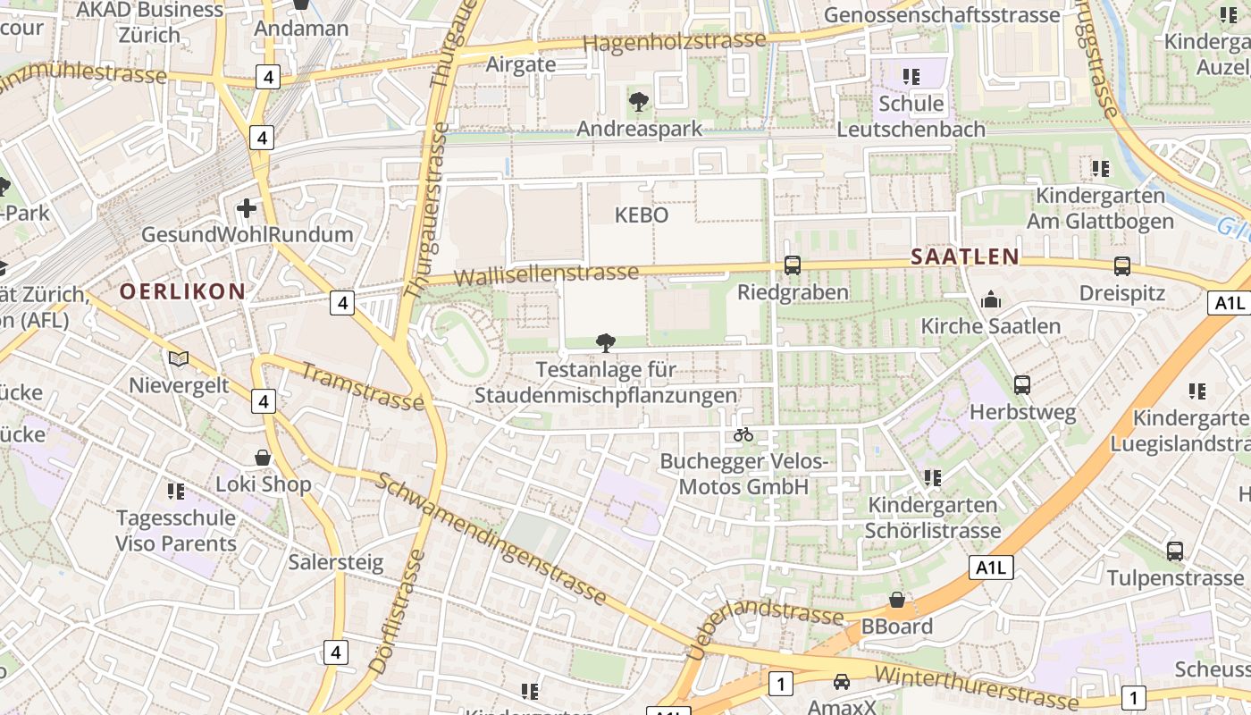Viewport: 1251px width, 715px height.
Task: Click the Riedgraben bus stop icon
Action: click(792, 265)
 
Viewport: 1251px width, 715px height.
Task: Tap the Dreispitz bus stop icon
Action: click(1121, 265)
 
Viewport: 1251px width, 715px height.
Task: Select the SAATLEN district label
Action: click(964, 257)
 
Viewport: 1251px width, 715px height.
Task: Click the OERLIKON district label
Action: click(182, 291)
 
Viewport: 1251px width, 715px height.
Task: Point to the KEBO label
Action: click(642, 215)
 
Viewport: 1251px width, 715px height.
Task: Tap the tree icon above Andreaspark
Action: click(638, 101)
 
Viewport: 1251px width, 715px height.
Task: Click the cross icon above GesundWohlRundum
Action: click(247, 209)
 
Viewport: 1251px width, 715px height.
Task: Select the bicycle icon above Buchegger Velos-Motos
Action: click(743, 435)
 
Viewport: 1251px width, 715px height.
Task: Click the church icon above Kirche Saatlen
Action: click(990, 300)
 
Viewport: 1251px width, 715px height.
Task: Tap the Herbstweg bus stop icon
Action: click(1022, 385)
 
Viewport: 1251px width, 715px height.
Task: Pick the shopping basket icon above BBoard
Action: click(896, 600)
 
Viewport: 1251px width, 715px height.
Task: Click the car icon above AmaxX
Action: click(841, 682)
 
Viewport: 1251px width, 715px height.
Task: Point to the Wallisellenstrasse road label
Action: click(546, 273)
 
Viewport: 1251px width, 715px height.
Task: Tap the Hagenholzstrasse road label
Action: click(674, 41)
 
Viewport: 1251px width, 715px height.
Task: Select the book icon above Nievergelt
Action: click(179, 358)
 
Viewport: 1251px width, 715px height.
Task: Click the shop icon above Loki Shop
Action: click(263, 458)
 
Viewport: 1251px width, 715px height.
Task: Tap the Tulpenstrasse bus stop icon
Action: click(1174, 551)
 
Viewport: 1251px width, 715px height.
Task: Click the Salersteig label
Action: click(335, 563)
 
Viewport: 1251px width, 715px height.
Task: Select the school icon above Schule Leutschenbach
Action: click(911, 77)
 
